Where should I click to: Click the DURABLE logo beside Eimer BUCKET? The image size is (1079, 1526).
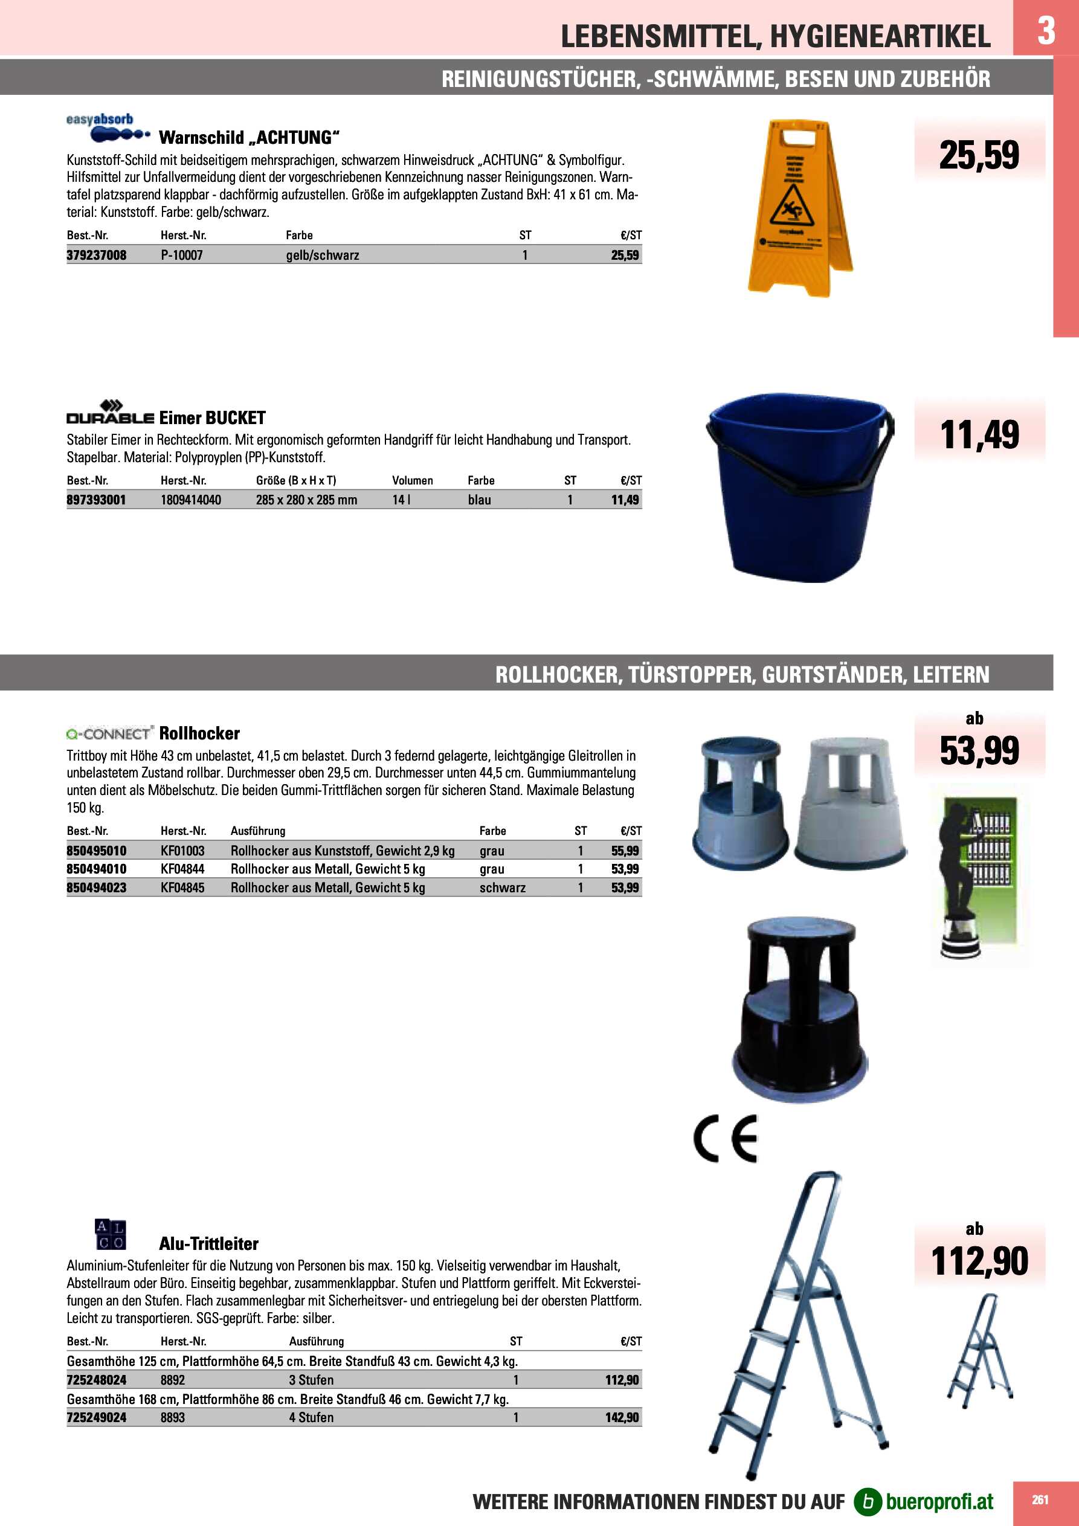tap(110, 413)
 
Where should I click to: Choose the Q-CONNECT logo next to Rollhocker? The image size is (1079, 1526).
tap(110, 733)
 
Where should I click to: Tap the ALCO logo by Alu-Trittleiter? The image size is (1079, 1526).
tap(110, 1234)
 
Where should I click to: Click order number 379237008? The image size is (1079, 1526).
tap(97, 255)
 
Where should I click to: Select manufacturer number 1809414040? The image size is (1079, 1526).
tap(191, 500)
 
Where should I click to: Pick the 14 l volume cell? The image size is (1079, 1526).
tap(401, 500)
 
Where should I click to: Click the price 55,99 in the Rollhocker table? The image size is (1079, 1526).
tap(625, 851)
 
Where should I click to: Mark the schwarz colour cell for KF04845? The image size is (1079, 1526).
tap(502, 888)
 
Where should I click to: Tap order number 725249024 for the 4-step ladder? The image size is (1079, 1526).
tap(97, 1418)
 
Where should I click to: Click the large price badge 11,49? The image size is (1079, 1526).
tap(979, 436)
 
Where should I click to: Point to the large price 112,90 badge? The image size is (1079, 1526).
tap(979, 1261)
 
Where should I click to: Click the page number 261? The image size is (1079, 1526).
tap(1040, 1499)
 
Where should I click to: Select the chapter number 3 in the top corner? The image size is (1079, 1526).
tap(1046, 30)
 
